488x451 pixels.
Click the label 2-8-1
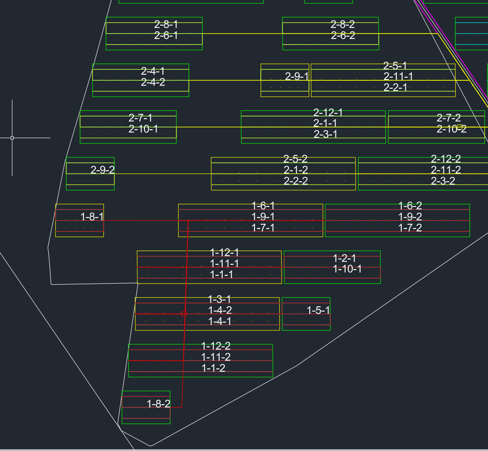click(x=166, y=25)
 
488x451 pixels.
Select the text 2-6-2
click(x=343, y=36)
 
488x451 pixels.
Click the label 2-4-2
click(x=153, y=82)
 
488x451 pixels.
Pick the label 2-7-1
click(x=141, y=118)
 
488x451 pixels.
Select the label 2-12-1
click(x=328, y=113)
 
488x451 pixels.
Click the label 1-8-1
click(x=92, y=217)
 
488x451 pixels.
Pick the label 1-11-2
click(x=216, y=357)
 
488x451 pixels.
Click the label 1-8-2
click(x=158, y=404)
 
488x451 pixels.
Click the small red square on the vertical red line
click(x=184, y=314)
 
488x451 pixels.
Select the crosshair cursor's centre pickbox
click(x=12, y=138)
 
